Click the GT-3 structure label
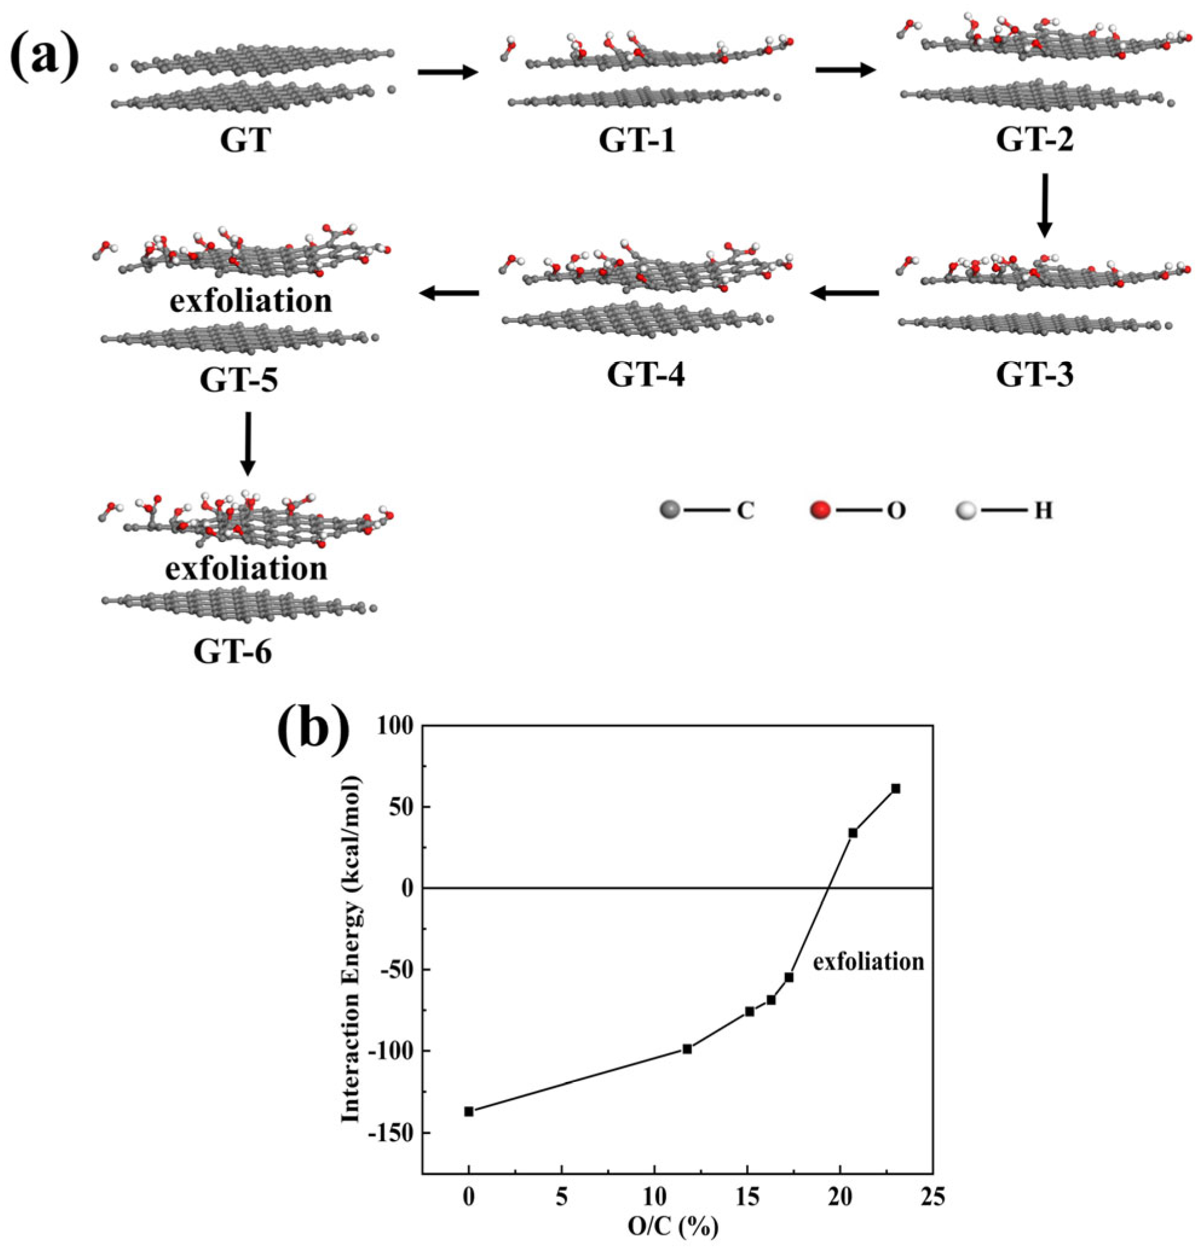[1034, 375]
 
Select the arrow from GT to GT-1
[447, 72]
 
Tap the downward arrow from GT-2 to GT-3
[1044, 206]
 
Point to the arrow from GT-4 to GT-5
[449, 293]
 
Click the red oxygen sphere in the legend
[821, 510]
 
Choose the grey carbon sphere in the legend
[669, 510]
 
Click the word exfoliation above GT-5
[251, 300]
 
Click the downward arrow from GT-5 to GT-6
[247, 443]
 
